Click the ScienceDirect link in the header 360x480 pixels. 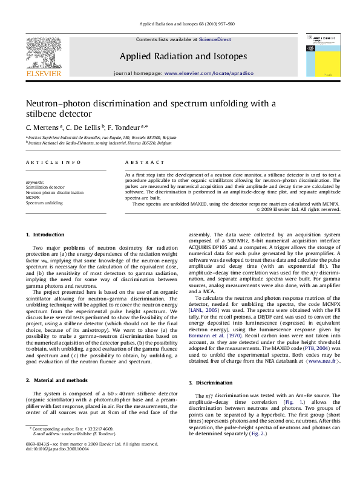pos(215,39)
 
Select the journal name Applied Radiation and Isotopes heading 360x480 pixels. pos(183,56)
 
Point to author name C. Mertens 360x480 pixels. pos(43,128)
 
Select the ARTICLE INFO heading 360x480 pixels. pos(53,163)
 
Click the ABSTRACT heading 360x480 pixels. pos(145,163)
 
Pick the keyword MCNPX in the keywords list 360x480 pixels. pos(33,198)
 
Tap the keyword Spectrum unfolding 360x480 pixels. pos(44,203)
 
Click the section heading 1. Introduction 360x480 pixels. pos(45,235)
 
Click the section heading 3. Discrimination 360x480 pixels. pos(211,383)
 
